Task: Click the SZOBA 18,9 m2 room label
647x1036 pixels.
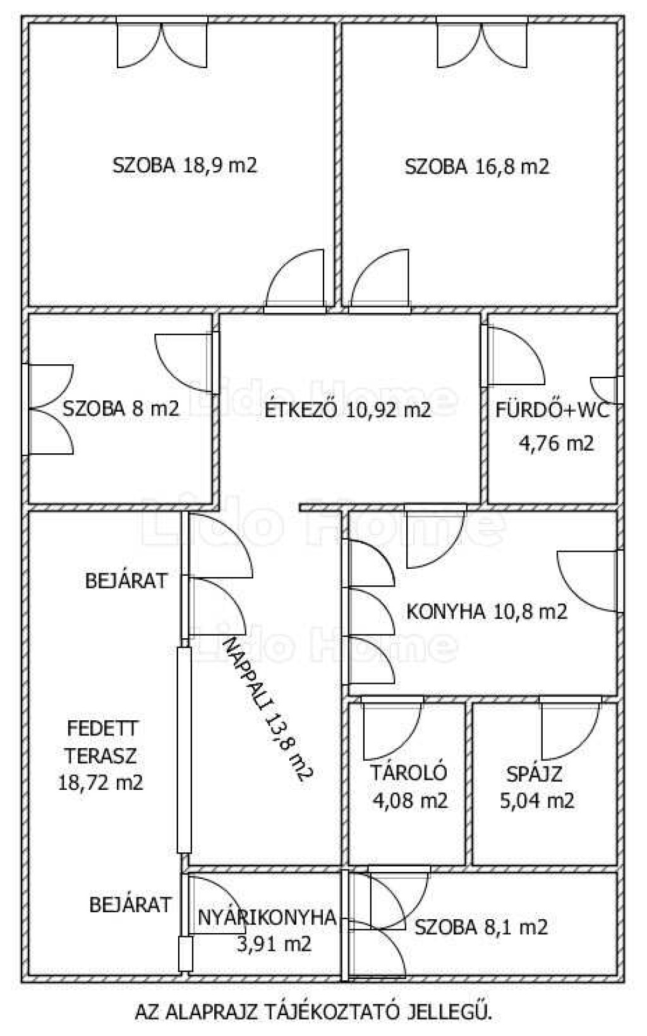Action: pyautogui.click(x=184, y=165)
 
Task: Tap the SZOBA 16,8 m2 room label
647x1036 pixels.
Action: pyautogui.click(x=476, y=167)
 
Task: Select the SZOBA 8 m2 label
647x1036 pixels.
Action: pyautogui.click(x=121, y=409)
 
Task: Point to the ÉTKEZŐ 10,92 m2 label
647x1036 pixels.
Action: pyautogui.click(x=348, y=409)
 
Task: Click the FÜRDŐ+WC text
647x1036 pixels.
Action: pyautogui.click(x=553, y=410)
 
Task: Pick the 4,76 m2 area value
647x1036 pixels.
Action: pyautogui.click(x=556, y=443)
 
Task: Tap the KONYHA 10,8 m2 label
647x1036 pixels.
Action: pyautogui.click(x=487, y=611)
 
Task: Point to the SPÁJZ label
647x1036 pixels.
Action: pyautogui.click(x=534, y=774)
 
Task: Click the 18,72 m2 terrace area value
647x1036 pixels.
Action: pyautogui.click(x=100, y=783)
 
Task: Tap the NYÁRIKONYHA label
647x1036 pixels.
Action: pyautogui.click(x=267, y=917)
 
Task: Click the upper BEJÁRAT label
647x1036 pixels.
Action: pyautogui.click(x=126, y=580)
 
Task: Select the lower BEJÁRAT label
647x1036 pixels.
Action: pyautogui.click(x=131, y=904)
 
